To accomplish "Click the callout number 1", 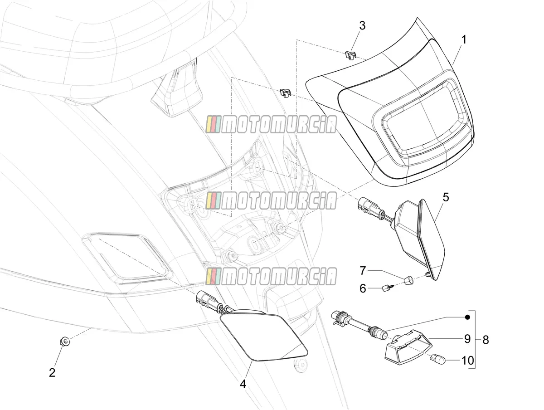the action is pyautogui.click(x=463, y=39).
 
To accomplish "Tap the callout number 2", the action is pyautogui.click(x=52, y=372).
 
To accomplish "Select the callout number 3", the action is pyautogui.click(x=362, y=25).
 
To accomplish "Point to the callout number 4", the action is pyautogui.click(x=243, y=384).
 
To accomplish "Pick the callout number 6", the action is pyautogui.click(x=363, y=288).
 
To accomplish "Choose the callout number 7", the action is pyautogui.click(x=363, y=271).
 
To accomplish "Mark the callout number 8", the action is pyautogui.click(x=486, y=340).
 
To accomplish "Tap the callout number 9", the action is pyautogui.click(x=467, y=339).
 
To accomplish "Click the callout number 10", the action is pyautogui.click(x=467, y=361).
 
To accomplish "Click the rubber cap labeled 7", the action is pyautogui.click(x=409, y=280).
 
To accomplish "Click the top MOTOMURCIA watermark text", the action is pyautogui.click(x=271, y=125).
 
